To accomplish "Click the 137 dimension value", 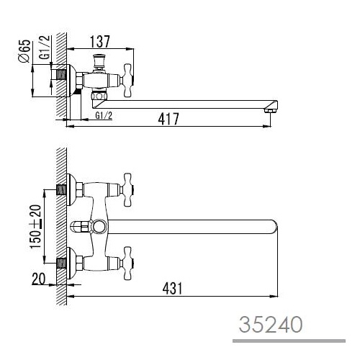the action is pos(100,42).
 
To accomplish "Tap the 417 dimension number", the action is pos(168,119).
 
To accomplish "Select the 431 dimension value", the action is pos(172,288).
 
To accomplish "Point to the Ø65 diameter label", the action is pos(24,51).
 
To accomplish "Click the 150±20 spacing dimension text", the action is pos(35,227).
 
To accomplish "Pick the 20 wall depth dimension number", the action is pos(38,279).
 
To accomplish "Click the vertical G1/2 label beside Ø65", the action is pos(45,47).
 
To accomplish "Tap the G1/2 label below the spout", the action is pos(104,116).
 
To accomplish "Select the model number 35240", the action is pos(271,324).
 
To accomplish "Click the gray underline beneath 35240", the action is pos(289,341).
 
